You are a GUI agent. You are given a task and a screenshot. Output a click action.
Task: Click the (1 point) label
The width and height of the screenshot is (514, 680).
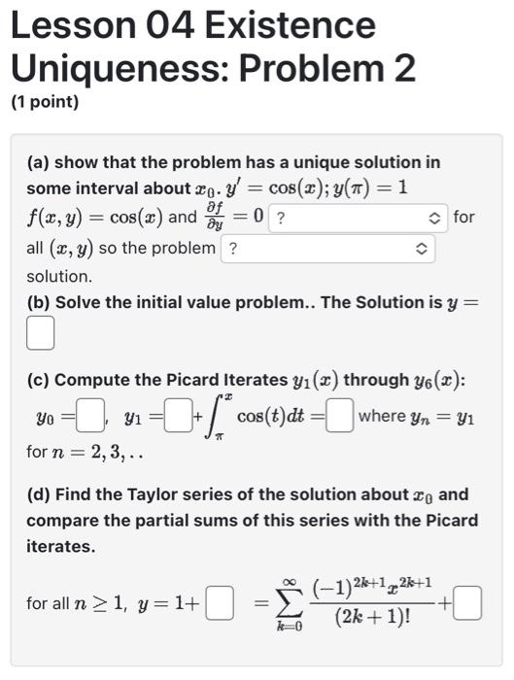(45, 101)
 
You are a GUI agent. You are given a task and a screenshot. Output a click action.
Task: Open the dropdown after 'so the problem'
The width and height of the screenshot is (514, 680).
(327, 248)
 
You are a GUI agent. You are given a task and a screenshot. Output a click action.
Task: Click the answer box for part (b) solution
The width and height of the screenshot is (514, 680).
(39, 334)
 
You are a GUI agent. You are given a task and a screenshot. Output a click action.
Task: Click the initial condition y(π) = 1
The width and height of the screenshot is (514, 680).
(361, 187)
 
